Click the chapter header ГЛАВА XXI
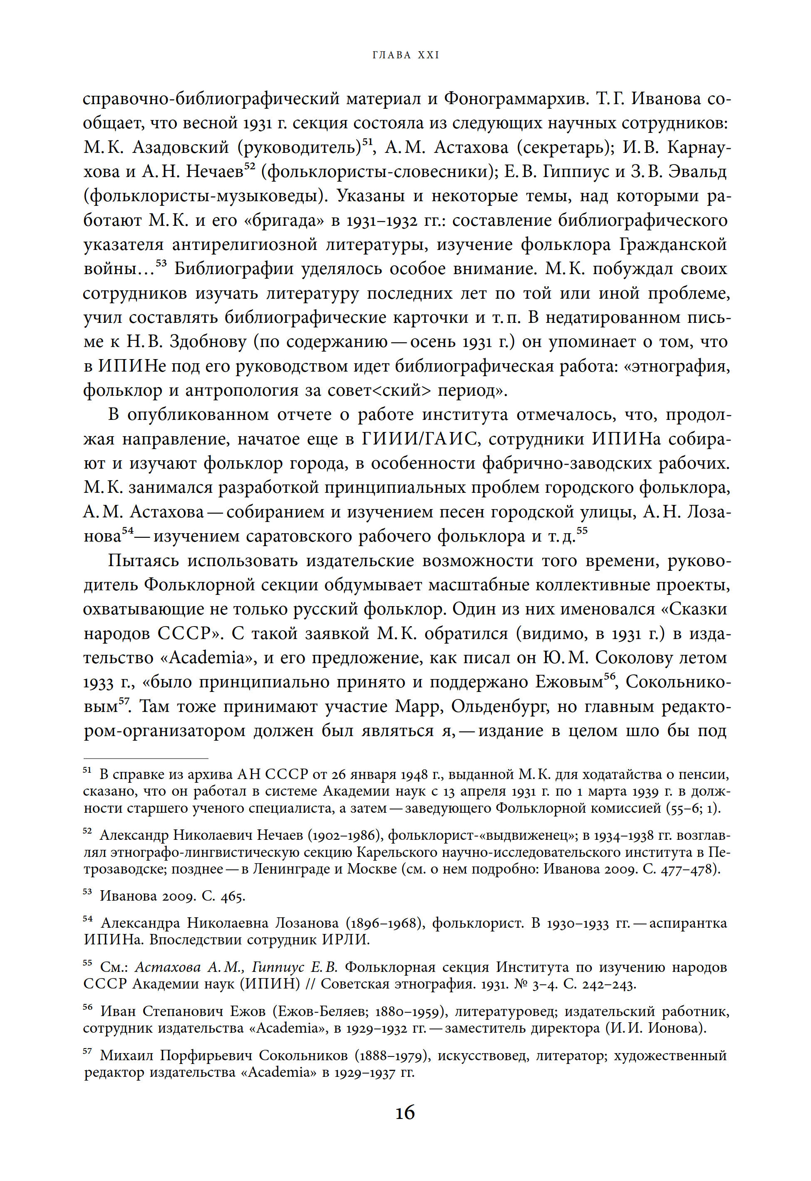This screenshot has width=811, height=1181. click(x=405, y=55)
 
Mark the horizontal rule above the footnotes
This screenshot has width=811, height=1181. click(x=146, y=758)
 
